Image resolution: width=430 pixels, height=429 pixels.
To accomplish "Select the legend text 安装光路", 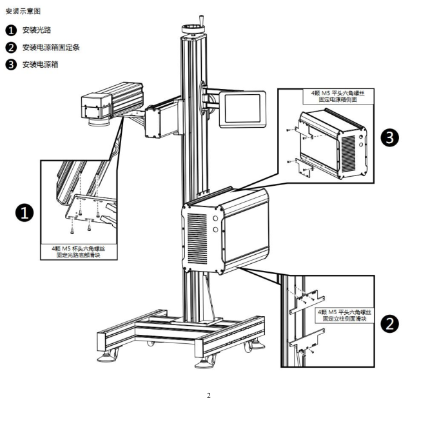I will pyautogui.click(x=38, y=30).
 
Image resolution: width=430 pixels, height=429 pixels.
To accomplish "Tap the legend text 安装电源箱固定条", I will pyautogui.click(x=51, y=47).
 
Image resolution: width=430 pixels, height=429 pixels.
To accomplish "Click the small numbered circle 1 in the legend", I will pyautogui.click(x=11, y=30).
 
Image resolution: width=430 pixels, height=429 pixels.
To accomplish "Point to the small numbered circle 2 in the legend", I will pyautogui.click(x=11, y=47).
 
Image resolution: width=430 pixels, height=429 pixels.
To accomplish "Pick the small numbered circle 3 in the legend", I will pyautogui.click(x=11, y=65).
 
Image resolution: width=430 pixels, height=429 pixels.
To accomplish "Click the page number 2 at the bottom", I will pyautogui.click(x=208, y=395).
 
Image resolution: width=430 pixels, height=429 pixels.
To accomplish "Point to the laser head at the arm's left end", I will pyautogui.click(x=97, y=105).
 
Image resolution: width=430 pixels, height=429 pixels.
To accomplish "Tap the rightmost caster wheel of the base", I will pyautogui.click(x=249, y=346).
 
